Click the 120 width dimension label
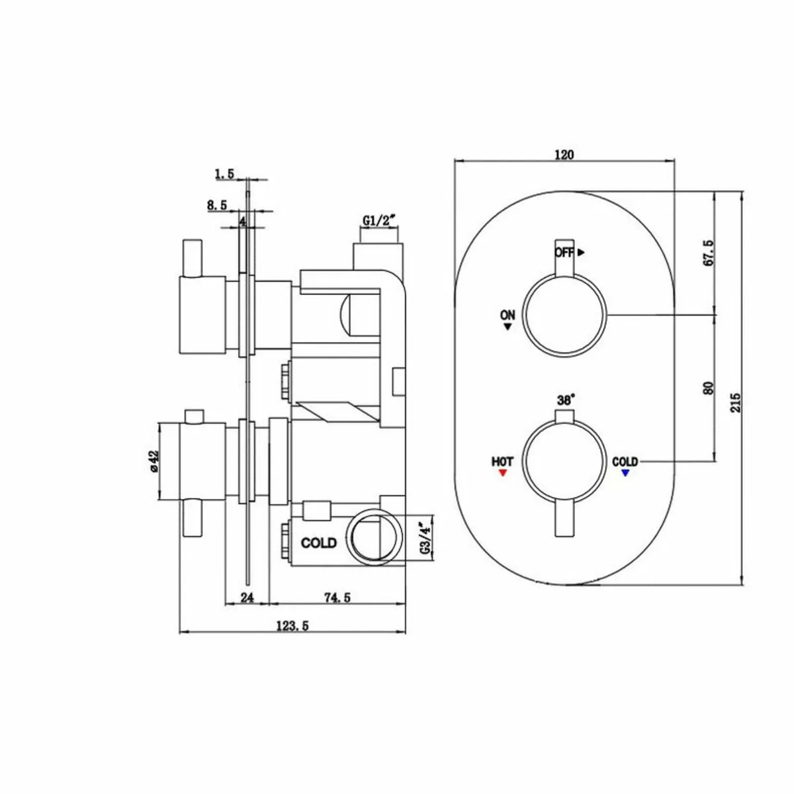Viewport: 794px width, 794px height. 564,155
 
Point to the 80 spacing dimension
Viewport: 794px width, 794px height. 709,387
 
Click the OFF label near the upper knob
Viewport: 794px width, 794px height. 564,252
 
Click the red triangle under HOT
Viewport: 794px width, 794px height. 502,474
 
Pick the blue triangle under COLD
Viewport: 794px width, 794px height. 625,473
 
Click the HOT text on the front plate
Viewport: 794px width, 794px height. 502,462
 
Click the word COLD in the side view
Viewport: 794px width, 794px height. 318,543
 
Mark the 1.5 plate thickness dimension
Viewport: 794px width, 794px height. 224,173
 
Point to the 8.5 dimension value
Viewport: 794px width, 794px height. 217,206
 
